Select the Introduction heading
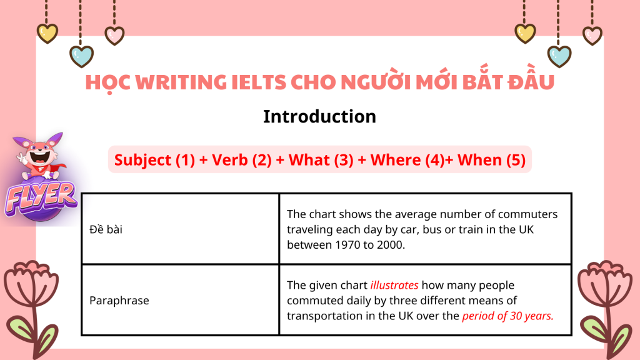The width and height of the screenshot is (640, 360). coord(319,117)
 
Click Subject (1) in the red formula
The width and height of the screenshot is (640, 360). coord(155,160)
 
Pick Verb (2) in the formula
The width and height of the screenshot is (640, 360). coord(242,160)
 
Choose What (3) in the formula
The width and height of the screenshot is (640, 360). coord(321,160)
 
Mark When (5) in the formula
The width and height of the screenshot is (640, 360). coord(491,160)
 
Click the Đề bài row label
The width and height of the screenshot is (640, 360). coord(106,229)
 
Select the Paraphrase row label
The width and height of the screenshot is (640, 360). coord(119,301)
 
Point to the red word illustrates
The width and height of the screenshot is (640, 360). coord(394,285)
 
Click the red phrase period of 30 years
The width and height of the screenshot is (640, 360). coord(507,316)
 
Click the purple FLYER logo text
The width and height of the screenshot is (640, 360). coord(41,198)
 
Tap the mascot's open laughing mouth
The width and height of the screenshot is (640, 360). coord(41,156)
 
